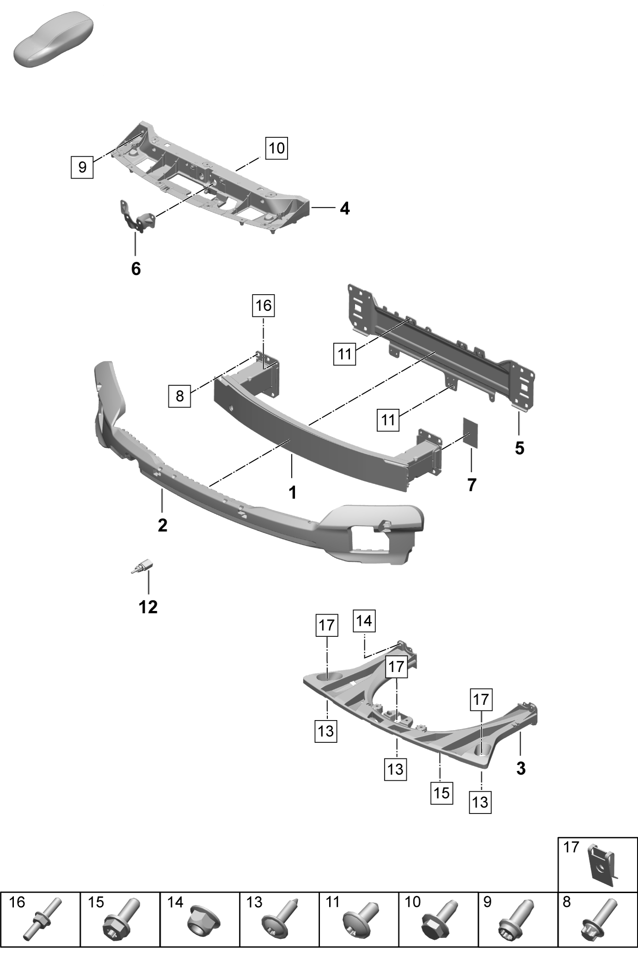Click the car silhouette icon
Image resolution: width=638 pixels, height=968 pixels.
[53, 40]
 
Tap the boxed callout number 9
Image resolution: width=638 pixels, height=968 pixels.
[82, 166]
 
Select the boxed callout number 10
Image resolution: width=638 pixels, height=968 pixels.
[276, 148]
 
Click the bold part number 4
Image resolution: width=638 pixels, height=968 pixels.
[345, 209]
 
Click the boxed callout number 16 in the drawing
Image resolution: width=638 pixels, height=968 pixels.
[264, 305]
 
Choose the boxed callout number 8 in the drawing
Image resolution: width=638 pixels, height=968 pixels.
[180, 396]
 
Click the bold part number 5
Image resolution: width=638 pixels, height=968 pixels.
[520, 448]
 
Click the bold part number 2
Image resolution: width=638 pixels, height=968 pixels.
[162, 525]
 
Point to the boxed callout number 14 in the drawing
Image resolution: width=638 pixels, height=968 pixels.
[364, 621]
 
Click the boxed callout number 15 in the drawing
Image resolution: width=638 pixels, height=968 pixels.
[442, 793]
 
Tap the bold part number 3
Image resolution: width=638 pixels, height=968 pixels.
[521, 769]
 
